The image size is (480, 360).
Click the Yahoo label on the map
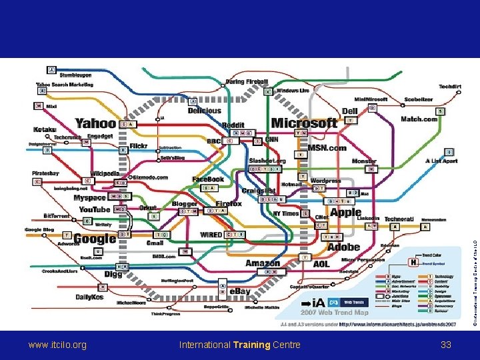pos(96,123)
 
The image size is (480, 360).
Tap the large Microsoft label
pos(304,123)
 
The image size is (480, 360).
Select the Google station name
pos(95,239)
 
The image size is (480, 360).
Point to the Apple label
pos(346,212)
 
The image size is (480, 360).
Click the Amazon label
pos(263,263)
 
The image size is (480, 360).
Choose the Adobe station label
pos(343,247)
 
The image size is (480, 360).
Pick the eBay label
pos(239,291)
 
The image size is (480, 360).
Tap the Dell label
pos(350,111)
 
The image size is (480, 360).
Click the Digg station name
pos(113,273)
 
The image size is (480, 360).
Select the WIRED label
pos(211,235)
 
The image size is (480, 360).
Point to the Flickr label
pos(139,145)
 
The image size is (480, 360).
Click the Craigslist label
pos(259,191)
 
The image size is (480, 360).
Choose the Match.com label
pos(419,119)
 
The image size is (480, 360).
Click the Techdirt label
pos(450,86)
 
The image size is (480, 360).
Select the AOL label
pos(321,263)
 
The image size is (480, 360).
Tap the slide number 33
pos(446,345)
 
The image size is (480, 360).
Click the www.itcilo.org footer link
pos(57,345)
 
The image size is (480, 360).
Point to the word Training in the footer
pos(251,345)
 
